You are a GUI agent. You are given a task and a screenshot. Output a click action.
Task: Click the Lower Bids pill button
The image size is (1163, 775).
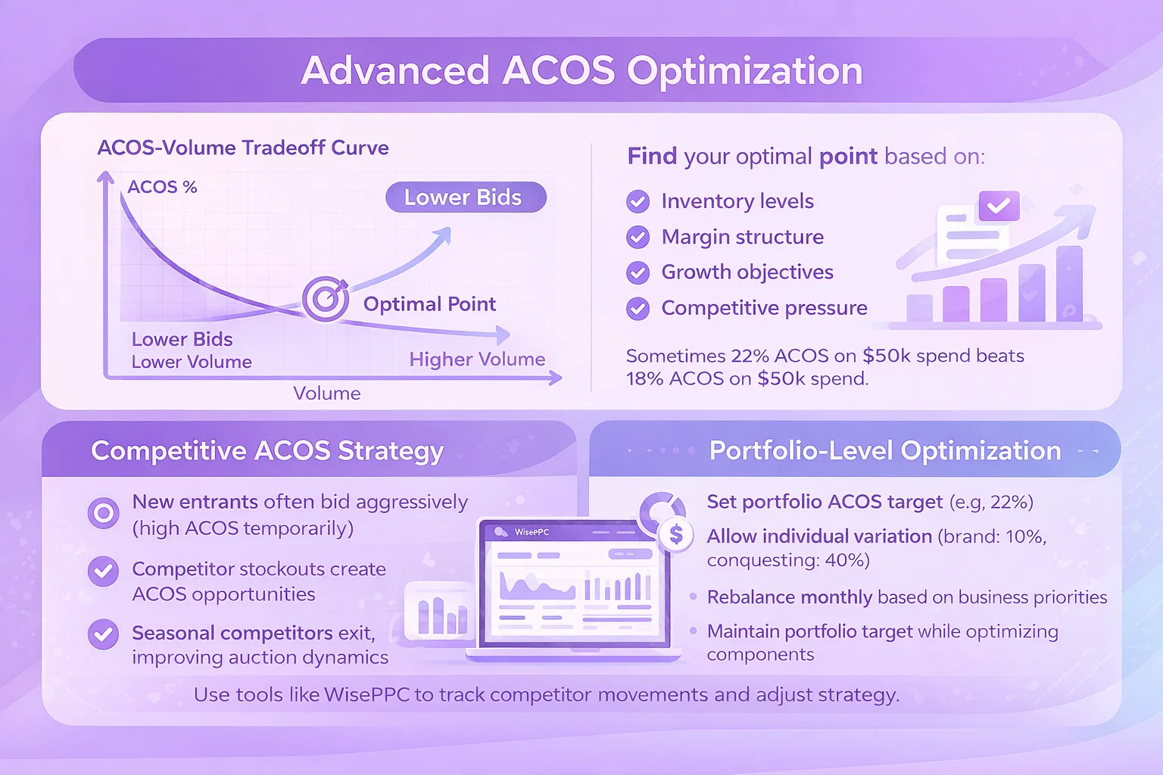pyautogui.click(x=466, y=198)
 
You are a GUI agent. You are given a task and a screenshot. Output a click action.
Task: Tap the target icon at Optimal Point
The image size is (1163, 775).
pyautogui.click(x=326, y=298)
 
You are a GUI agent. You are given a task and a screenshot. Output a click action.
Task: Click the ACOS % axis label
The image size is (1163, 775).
pyautogui.click(x=162, y=187)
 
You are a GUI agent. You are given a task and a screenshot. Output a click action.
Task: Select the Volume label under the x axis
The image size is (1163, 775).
pyautogui.click(x=326, y=393)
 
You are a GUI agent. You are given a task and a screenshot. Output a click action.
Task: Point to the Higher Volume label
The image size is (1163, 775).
pyautogui.click(x=477, y=359)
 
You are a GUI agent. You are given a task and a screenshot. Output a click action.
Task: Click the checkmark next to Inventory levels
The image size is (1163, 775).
pyautogui.click(x=638, y=201)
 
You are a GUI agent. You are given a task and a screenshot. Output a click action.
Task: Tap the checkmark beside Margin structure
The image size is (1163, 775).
pyautogui.click(x=638, y=237)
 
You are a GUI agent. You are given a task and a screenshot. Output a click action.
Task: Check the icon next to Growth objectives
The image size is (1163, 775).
pyautogui.click(x=638, y=272)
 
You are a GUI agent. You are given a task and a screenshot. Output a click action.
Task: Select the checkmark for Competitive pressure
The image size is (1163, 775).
pyautogui.click(x=638, y=308)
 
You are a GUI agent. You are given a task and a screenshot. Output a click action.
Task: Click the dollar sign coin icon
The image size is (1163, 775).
pyautogui.click(x=675, y=534)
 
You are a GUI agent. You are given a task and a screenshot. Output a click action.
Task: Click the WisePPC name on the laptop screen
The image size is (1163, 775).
pyautogui.click(x=532, y=532)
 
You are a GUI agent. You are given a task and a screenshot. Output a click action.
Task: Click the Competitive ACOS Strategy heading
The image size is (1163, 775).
pyautogui.click(x=267, y=450)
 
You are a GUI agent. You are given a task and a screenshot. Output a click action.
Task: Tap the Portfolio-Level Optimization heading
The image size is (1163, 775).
pyautogui.click(x=885, y=450)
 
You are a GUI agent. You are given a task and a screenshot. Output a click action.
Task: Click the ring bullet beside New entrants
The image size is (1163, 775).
pyautogui.click(x=103, y=513)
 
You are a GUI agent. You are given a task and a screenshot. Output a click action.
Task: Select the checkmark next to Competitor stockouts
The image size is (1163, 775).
pyautogui.click(x=103, y=571)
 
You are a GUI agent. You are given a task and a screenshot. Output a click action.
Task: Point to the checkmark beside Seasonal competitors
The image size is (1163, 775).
pyautogui.click(x=103, y=634)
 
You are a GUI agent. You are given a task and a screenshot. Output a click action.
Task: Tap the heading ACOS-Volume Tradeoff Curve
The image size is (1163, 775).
pyautogui.click(x=243, y=148)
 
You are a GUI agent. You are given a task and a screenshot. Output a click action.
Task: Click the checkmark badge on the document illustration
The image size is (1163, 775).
pyautogui.click(x=999, y=206)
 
